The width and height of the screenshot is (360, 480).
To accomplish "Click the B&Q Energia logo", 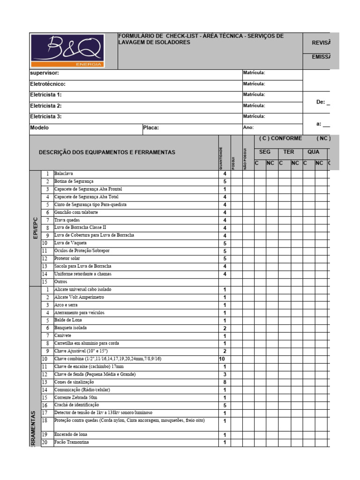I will (x=73, y=51).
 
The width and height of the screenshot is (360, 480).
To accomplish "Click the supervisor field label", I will (x=45, y=73).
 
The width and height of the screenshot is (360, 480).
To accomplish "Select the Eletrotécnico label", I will (x=48, y=84).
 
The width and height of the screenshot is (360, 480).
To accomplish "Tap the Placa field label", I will (x=151, y=127).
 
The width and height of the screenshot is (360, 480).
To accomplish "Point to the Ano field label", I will (x=248, y=127).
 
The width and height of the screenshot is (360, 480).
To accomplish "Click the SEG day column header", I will (x=265, y=152).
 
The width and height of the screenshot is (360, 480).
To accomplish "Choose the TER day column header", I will (x=289, y=152).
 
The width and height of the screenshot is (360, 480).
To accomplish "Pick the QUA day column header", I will (x=314, y=152).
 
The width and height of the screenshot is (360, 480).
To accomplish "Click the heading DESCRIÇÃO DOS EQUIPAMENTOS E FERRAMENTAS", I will (x=107, y=152).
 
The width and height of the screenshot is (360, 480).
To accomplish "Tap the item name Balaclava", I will (x=64, y=173).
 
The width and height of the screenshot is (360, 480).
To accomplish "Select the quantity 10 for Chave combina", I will (x=223, y=359).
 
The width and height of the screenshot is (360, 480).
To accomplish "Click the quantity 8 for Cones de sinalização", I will (x=225, y=382).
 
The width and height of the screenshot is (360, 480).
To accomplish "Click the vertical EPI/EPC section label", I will (x=35, y=228).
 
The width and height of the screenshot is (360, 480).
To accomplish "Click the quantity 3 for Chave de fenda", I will (x=225, y=375).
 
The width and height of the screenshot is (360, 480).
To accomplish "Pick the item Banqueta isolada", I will (x=70, y=328).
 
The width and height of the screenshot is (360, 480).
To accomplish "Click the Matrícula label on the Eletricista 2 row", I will (x=254, y=106).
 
